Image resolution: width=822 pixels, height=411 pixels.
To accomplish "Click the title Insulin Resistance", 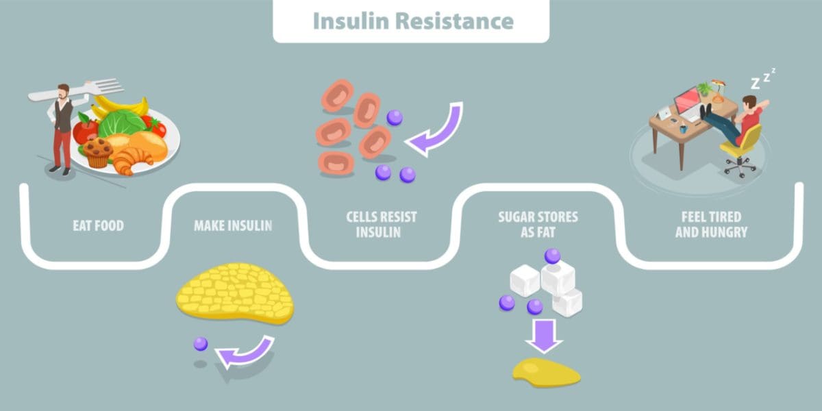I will point(412,21).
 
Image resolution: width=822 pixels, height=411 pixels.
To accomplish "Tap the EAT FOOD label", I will point(99,225).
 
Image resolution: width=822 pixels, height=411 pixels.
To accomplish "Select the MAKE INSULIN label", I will point(233,225).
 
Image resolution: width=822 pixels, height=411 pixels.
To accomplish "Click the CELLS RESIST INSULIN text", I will point(381,225).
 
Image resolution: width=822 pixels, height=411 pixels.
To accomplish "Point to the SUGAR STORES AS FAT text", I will point(538,225).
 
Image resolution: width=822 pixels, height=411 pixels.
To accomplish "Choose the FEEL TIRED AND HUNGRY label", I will point(711,225).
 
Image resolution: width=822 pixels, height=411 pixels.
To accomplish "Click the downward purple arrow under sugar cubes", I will point(545,335).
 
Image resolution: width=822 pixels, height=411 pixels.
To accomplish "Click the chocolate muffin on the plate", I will point(97,151).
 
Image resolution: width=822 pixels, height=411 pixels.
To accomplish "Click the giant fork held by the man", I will point(82,90).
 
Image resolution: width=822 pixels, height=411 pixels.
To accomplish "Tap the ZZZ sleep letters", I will point(762,79).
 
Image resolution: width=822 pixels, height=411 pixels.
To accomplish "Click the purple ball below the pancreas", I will point(200,344).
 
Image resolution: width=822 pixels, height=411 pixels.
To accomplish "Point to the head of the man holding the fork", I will point(63,92).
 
